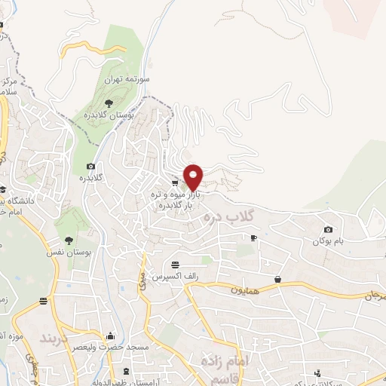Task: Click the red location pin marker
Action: (194, 176)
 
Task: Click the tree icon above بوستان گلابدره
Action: (110, 102)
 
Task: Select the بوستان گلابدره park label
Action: (130, 115)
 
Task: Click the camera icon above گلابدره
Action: (91, 166)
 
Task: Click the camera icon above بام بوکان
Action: (328, 229)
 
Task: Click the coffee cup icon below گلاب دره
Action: (253, 237)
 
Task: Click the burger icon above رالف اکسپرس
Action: (176, 265)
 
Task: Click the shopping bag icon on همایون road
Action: (277, 280)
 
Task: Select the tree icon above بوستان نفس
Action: (69, 240)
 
